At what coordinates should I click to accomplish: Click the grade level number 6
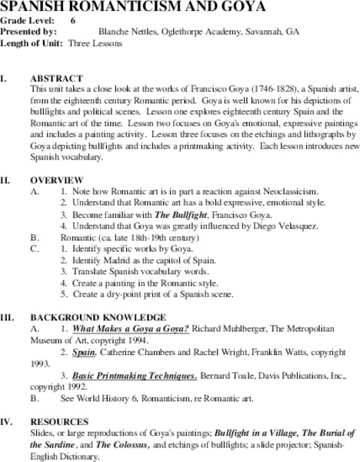click(x=73, y=21)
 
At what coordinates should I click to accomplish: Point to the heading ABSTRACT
click(x=55, y=79)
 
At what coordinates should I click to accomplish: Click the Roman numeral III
click(x=7, y=317)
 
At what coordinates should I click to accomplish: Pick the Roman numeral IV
click(x=6, y=422)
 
